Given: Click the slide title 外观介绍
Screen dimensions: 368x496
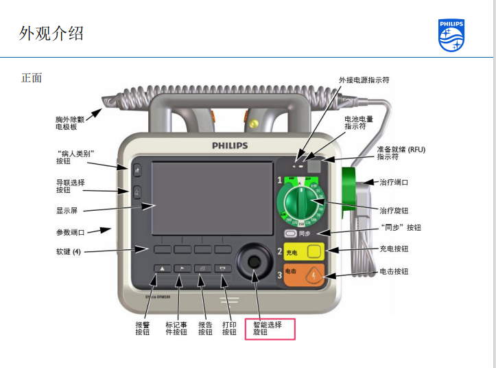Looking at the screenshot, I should (51, 33).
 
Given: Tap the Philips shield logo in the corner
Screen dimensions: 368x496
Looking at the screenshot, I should (451, 35).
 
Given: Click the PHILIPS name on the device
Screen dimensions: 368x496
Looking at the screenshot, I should (230, 146).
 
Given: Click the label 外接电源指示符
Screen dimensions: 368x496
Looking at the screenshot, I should (364, 80).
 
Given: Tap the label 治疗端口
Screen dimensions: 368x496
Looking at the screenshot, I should (394, 183).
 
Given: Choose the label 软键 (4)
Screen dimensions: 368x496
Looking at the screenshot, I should (69, 251).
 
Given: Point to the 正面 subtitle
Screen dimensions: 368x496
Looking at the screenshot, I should (32, 78).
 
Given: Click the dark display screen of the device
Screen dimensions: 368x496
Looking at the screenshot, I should (211, 199).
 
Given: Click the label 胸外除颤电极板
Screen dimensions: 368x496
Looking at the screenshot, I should (66, 123).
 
